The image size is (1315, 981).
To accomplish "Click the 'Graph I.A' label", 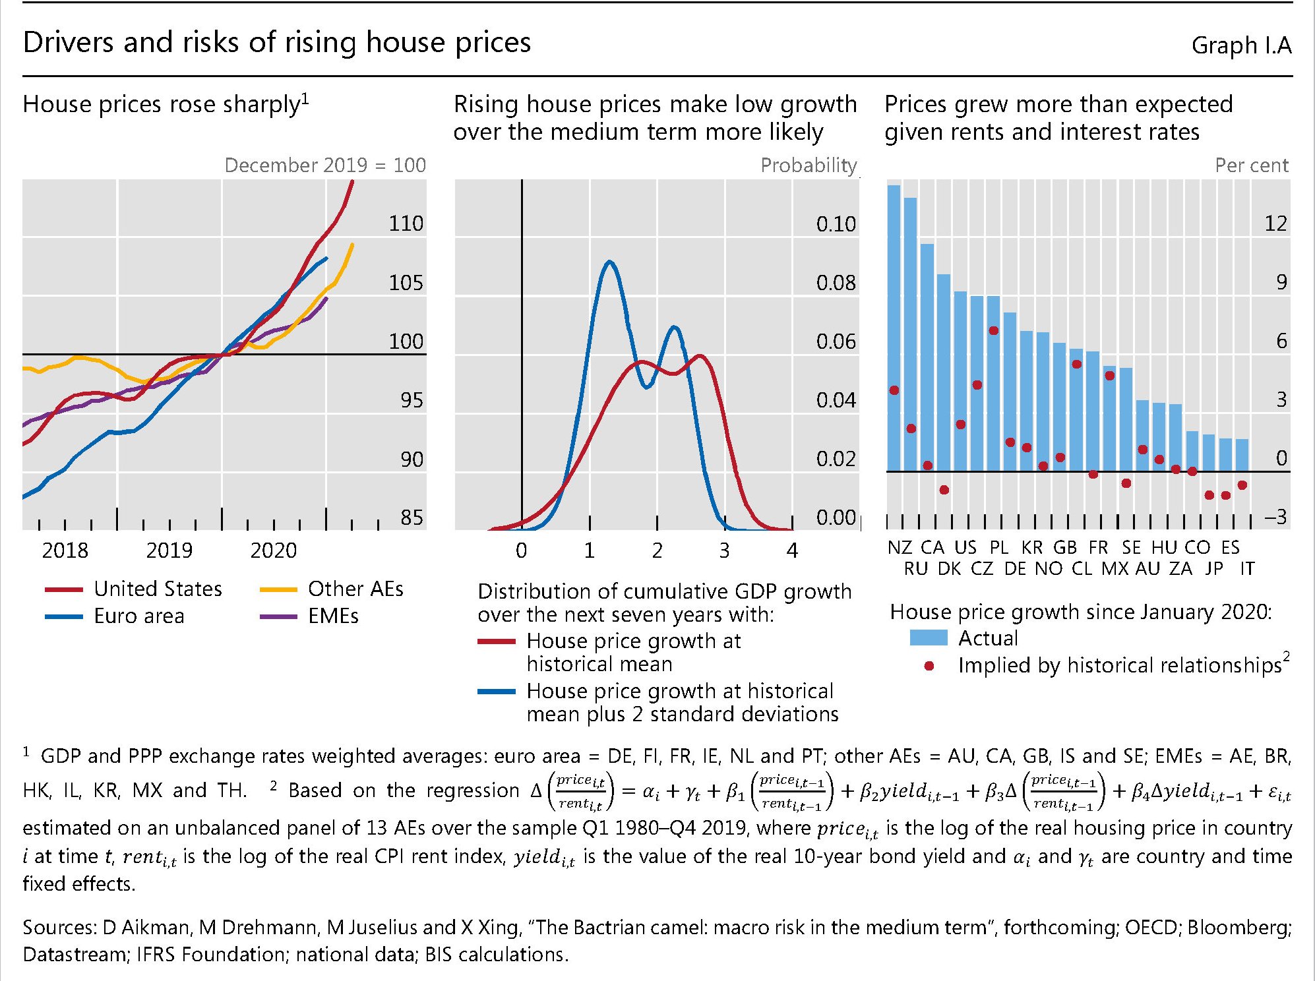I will point(1241,45).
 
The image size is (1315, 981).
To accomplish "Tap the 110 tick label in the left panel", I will point(406,223).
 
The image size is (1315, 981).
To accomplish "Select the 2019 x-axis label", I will point(169,550).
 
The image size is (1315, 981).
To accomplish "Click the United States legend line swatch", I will point(64,589).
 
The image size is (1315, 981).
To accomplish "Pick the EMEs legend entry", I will point(333,616).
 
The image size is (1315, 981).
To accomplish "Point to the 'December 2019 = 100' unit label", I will point(325,165).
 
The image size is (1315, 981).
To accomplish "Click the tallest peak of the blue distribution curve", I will point(609,262).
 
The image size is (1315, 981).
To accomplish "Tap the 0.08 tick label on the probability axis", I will point(836,283).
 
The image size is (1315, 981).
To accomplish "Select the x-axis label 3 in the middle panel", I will point(724,550).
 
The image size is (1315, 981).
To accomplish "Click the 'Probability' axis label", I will point(809,165).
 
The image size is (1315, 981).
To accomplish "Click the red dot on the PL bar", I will point(993,330).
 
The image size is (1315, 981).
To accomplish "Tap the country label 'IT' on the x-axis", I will point(1247,568).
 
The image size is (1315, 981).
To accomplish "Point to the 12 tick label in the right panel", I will point(1275,223).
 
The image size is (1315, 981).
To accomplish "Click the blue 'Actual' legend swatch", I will point(928,638).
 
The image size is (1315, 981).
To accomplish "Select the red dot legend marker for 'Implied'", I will point(929,666).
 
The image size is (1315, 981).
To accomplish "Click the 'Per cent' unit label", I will point(1251,165).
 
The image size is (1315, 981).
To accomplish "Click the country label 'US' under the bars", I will point(965,547).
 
